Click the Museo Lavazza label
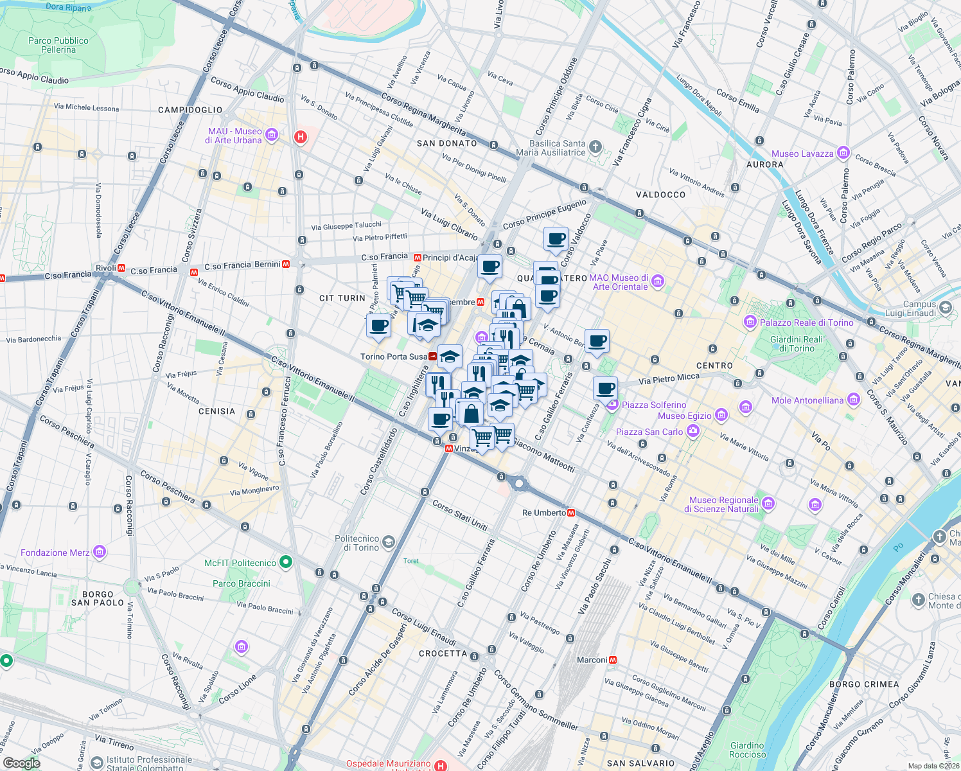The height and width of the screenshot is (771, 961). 802,154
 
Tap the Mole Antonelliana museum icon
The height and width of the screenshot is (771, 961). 854,400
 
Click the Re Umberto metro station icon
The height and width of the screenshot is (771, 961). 571,513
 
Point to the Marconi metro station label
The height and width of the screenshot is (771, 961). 592,660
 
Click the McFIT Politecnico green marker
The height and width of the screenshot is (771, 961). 287,563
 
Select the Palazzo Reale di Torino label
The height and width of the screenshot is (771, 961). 806,323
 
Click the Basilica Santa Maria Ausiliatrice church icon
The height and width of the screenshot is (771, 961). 595,147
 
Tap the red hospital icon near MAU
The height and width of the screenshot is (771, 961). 300,136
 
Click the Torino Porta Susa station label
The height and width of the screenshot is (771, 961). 393,357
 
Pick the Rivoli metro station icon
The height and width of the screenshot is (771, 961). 121,268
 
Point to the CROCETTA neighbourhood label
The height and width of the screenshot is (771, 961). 443,653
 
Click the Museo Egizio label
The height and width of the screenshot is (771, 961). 684,416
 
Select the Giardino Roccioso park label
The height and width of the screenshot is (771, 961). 747,750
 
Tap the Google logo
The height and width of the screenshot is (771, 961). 22,763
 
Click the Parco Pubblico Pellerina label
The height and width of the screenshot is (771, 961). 58,45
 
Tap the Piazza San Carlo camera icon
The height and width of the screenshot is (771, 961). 692,432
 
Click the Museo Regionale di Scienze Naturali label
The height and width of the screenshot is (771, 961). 723,504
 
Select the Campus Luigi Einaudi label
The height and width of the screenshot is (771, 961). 919,308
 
